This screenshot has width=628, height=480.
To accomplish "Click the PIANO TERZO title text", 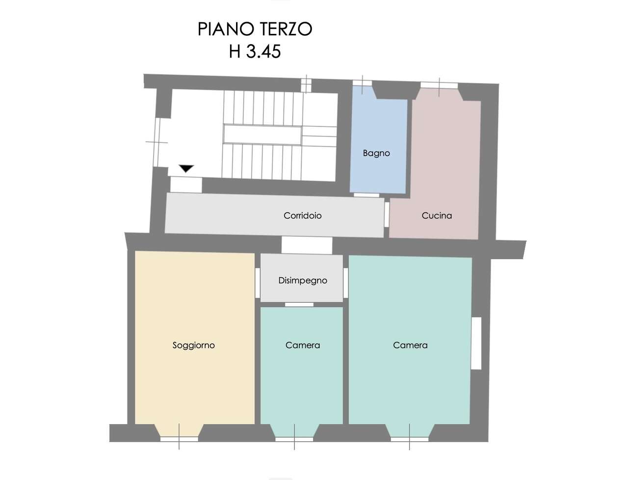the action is pyautogui.click(x=254, y=29).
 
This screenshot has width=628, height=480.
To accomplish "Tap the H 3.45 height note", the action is pyautogui.click(x=254, y=52).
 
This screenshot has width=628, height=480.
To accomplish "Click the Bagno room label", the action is pyautogui.click(x=376, y=154).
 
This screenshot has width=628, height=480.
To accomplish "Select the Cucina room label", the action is pyautogui.click(x=436, y=215).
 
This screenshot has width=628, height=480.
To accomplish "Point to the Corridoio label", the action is pyautogui.click(x=302, y=215).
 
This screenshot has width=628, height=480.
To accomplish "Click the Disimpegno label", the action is pyautogui.click(x=302, y=281).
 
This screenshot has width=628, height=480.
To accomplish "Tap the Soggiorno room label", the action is pyautogui.click(x=193, y=345).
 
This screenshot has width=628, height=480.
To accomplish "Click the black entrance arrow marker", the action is pyautogui.click(x=186, y=168).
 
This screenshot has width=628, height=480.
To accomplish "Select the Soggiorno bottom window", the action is pyautogui.click(x=179, y=439).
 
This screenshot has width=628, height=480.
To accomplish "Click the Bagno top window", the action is pyautogui.click(x=362, y=83).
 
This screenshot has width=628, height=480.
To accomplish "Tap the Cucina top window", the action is pyautogui.click(x=439, y=85).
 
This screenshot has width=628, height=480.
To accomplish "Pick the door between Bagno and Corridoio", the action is pyautogui.click(x=366, y=195).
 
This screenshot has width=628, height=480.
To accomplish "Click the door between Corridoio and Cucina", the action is pyautogui.click(x=387, y=214).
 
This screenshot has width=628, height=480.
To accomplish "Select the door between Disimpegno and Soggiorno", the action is pyautogui.click(x=258, y=283).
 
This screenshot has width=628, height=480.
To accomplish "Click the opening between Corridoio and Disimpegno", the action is pyautogui.click(x=307, y=245).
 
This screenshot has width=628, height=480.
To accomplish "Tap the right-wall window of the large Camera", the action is pyautogui.click(x=476, y=343).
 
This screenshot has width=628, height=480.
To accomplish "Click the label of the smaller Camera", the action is pyautogui.click(x=302, y=345).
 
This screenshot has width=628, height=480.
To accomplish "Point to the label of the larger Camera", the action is pyautogui.click(x=410, y=345).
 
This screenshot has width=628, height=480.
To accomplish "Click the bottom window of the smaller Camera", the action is pyautogui.click(x=294, y=439).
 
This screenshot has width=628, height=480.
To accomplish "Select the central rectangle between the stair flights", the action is pyautogui.click(x=262, y=134).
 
